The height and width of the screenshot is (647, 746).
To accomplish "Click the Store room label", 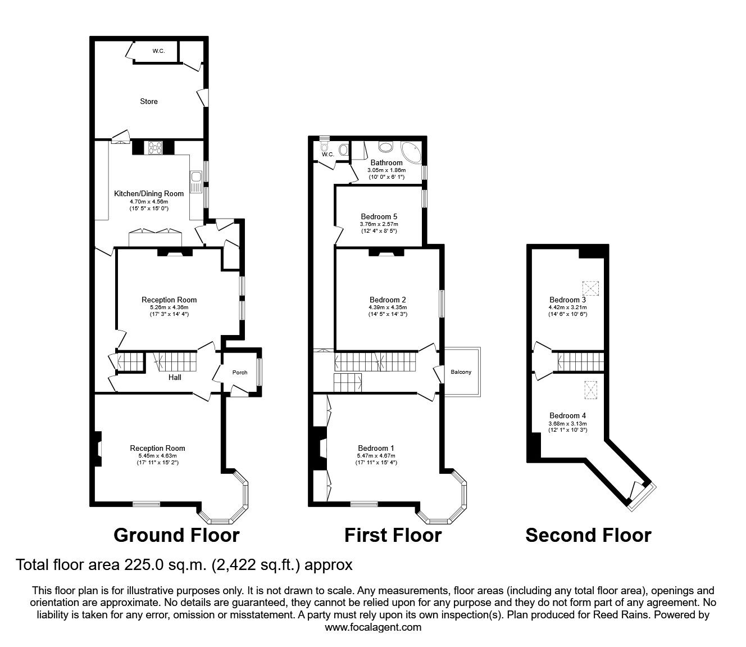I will (149, 102).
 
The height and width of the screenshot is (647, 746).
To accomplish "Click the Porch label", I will (240, 373).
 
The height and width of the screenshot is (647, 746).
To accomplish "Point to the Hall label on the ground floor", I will (175, 377).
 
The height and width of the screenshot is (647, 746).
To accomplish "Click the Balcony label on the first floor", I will (461, 372).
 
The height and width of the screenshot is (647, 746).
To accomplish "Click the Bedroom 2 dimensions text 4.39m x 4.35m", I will (388, 307).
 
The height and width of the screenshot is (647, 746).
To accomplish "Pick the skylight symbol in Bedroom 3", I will (590, 288).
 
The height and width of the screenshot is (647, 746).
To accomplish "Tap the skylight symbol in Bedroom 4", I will (590, 388).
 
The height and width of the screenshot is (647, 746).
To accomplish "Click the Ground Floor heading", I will (176, 535).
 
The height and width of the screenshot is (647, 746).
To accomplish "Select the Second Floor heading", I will (588, 535).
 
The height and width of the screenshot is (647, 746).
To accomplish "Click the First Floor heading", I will (393, 535).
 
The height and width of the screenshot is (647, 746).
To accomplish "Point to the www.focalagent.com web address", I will (373, 627).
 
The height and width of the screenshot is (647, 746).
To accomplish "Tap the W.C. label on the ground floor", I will (158, 51).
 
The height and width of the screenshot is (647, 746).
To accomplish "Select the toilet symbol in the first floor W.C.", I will (344, 150).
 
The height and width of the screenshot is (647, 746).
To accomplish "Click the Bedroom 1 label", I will (375, 448).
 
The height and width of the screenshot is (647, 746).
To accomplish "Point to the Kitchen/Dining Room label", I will (149, 194).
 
